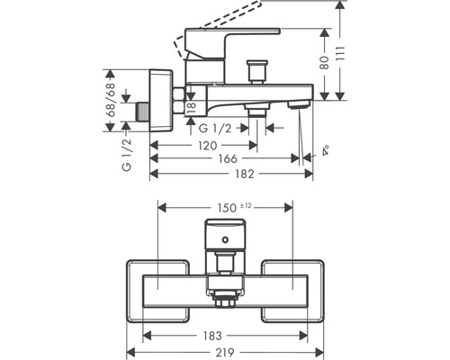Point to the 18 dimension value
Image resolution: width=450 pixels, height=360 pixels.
190,107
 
